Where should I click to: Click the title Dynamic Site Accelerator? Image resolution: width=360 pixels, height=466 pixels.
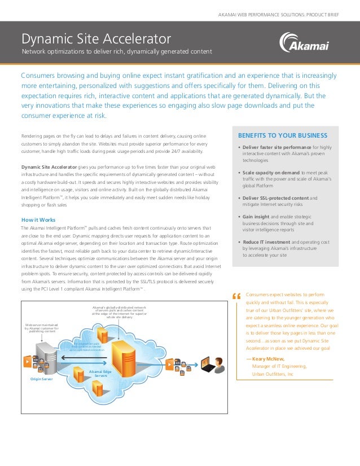point(96,39)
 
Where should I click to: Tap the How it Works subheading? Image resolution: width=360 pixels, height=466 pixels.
point(38,219)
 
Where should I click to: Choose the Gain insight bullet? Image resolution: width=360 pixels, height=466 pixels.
point(256,217)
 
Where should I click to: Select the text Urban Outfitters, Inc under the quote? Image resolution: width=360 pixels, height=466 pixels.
point(273,374)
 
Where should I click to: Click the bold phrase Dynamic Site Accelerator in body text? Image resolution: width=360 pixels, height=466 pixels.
point(49,167)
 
